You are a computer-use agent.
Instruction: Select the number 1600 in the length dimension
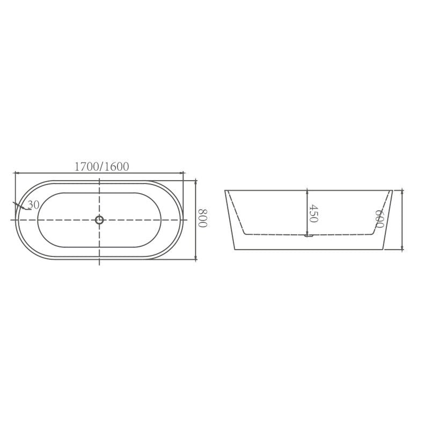117,167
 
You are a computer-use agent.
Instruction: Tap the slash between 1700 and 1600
101,167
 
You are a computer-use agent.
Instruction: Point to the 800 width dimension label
202,219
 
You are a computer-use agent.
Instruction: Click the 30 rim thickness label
33,205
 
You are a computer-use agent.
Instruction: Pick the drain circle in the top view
99,220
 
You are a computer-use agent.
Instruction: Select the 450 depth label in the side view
314,214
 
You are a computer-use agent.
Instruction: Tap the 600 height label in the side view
379,219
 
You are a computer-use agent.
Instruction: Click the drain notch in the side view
308,235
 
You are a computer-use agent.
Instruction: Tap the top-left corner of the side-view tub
225,190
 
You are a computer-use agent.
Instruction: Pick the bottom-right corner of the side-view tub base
383,249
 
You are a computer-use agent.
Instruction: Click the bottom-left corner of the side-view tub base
234,249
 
